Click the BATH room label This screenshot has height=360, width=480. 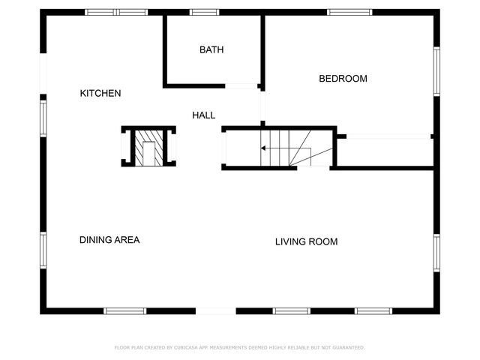pos(211,50)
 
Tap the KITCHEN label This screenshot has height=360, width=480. pos(100,93)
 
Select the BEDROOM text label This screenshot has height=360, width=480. pos(343,79)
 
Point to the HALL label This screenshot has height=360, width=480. pos(203,115)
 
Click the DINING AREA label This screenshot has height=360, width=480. pos(109,240)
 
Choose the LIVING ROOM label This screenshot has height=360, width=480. pos(306,241)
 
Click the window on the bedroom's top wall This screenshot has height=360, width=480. pos(349,12)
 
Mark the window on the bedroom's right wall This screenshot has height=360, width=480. pos(436,71)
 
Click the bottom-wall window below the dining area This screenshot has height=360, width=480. pos(125,310)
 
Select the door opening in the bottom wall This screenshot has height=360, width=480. pos(215,310)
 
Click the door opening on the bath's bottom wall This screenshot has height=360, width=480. pos(241,86)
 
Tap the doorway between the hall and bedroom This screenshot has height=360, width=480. pos(262,107)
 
